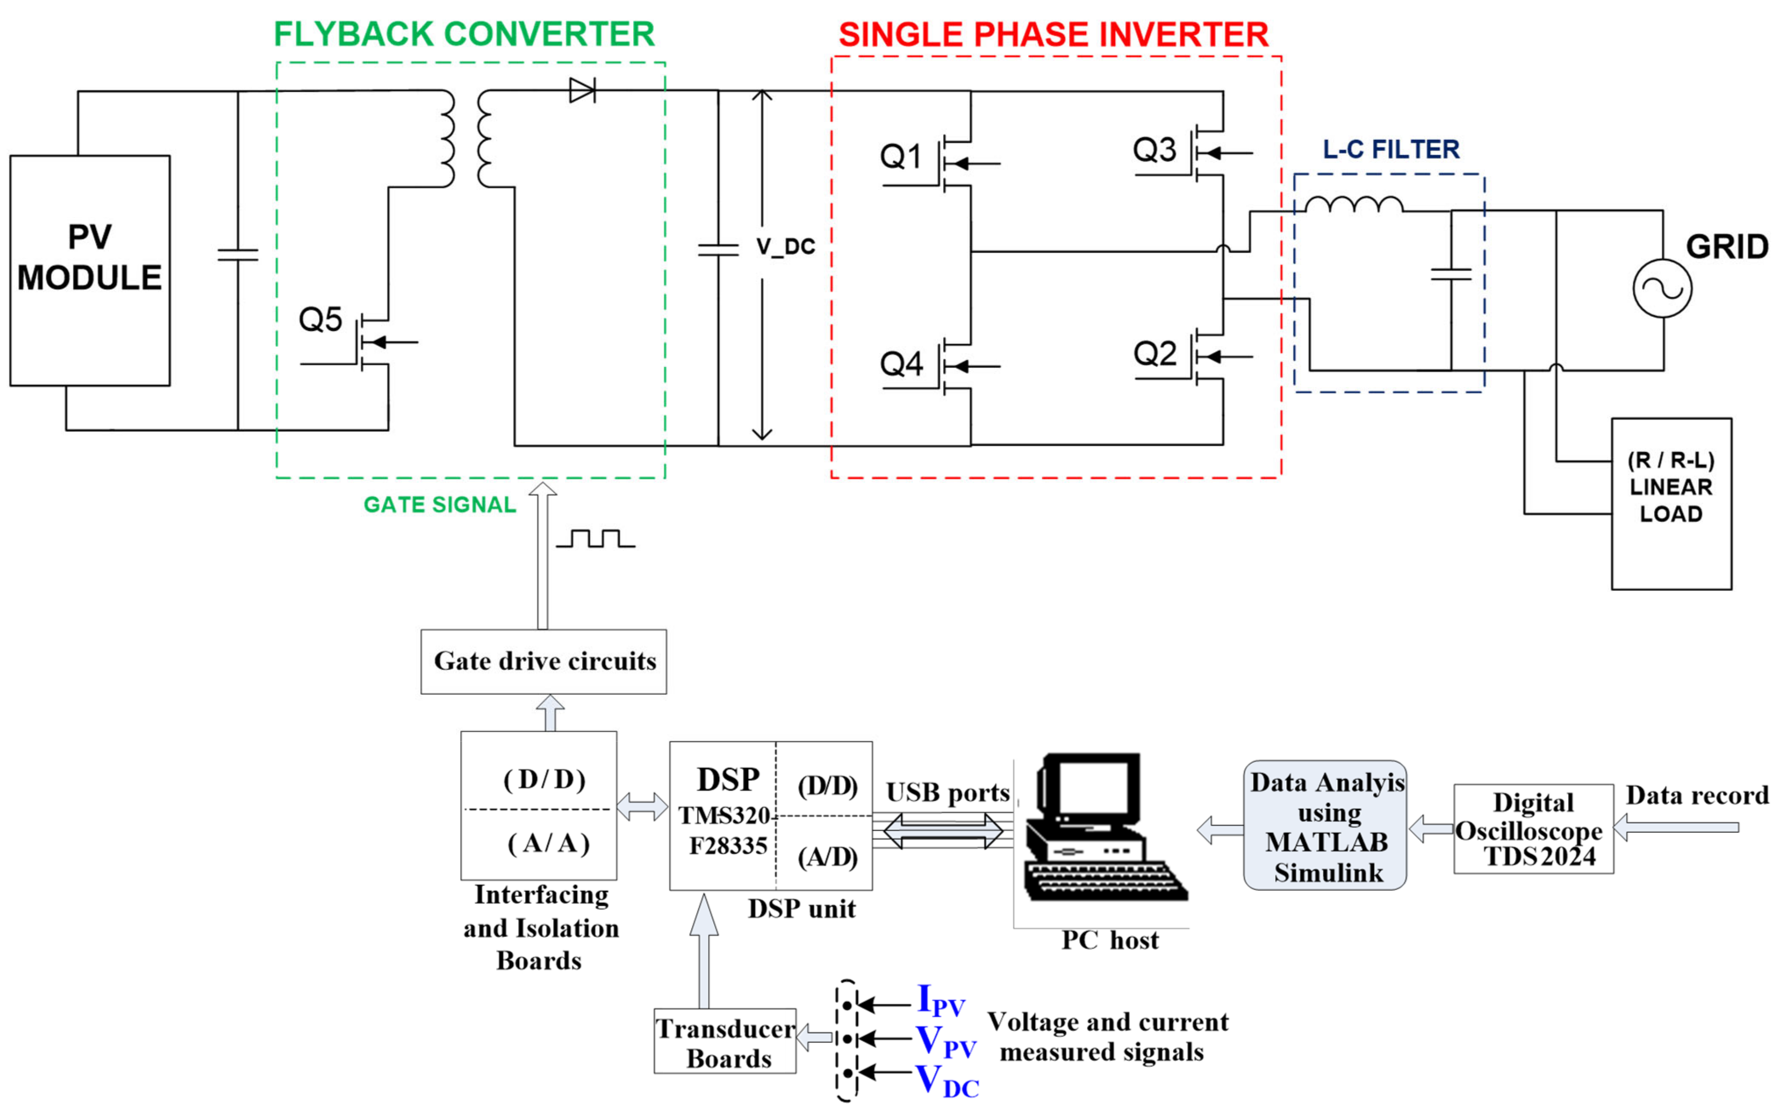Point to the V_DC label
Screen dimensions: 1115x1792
click(x=786, y=247)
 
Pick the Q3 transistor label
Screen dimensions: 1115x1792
click(x=1154, y=150)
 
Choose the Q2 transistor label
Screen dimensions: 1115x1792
click(x=1154, y=354)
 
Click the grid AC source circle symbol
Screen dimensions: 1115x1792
click(x=1662, y=288)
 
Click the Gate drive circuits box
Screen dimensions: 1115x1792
click(x=544, y=661)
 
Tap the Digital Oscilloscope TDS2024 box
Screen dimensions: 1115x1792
click(x=1533, y=829)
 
